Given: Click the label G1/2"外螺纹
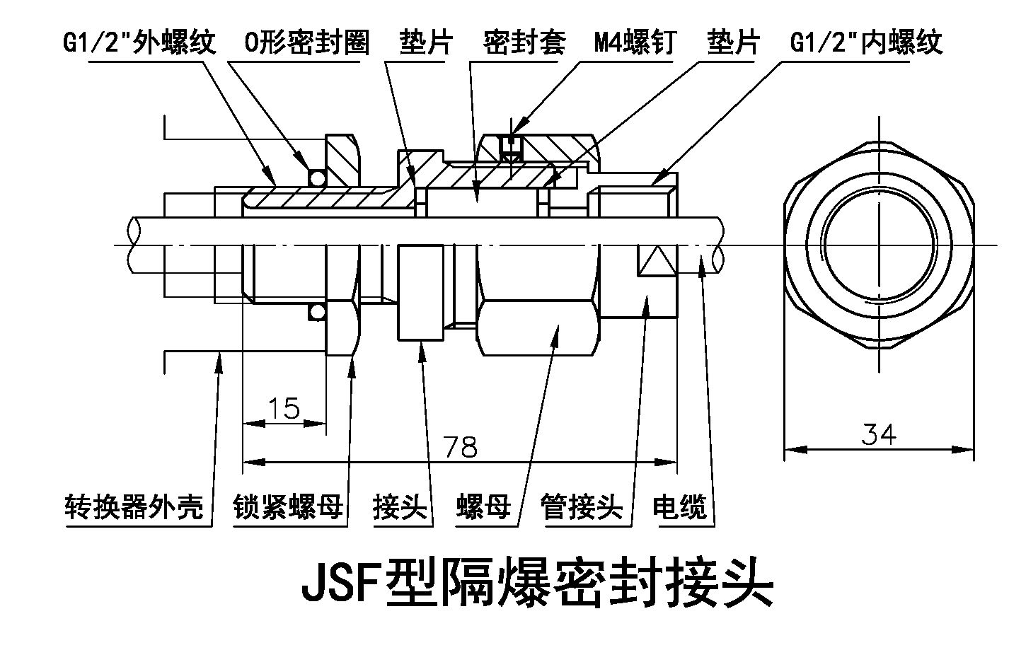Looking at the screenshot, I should pyautogui.click(x=139, y=43).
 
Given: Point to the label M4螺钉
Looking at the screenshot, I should pyautogui.click(x=635, y=43).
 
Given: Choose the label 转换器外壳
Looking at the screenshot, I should pyautogui.click(x=134, y=507).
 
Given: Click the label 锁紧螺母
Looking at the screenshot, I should pyautogui.click(x=289, y=507).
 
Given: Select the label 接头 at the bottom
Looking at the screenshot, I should pyautogui.click(x=400, y=507).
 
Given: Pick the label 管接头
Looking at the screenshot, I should pyautogui.click(x=581, y=507).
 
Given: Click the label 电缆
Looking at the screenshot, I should pyautogui.click(x=679, y=507).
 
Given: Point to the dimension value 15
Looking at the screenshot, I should pyautogui.click(x=284, y=408).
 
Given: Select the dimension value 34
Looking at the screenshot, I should pyautogui.click(x=879, y=433).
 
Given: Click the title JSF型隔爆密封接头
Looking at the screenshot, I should pyautogui.click(x=537, y=584).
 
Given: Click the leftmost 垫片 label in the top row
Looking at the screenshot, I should pyautogui.click(x=425, y=43).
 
